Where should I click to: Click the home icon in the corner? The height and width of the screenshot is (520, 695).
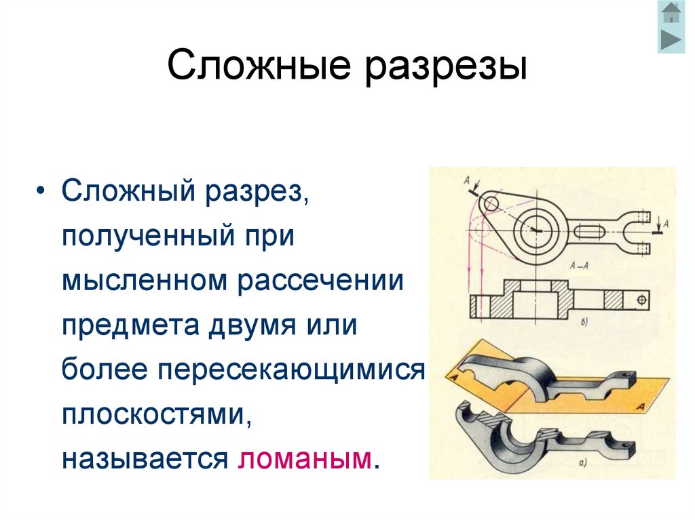pyautogui.click(x=671, y=13)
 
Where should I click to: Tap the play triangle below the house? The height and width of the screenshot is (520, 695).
pyautogui.click(x=671, y=39)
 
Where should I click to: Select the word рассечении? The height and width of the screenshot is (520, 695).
pyautogui.click(x=320, y=282)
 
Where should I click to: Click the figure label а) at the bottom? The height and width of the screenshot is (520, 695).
pyautogui.click(x=582, y=464)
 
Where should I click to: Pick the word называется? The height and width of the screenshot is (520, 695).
pyautogui.click(x=143, y=458)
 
